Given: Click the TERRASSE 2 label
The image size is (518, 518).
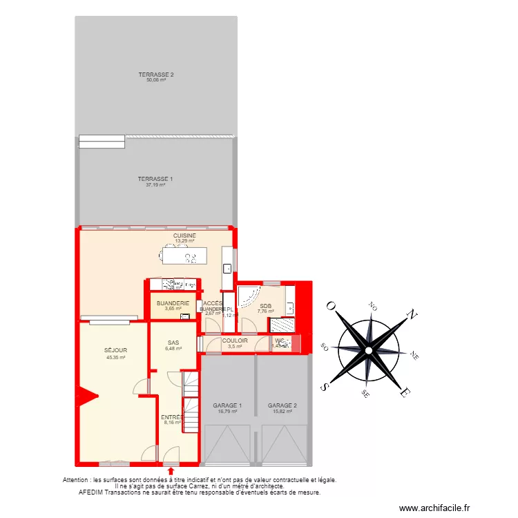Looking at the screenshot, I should [156, 74].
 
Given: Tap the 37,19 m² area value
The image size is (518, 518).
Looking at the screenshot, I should [156, 184].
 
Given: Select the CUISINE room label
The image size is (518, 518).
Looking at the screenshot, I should [184, 236].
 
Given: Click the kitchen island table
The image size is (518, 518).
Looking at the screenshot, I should [183, 257].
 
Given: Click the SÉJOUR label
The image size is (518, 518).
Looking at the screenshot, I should [116, 350].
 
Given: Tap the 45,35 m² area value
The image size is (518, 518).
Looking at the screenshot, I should [116, 357].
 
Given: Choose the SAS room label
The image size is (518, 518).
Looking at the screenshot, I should [173, 343].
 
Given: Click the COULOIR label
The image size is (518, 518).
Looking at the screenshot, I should [235, 340].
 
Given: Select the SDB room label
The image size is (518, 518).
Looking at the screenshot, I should [266, 305].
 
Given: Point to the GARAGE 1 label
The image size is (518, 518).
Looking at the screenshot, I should [227, 405].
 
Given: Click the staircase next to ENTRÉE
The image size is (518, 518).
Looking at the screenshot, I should [190, 401].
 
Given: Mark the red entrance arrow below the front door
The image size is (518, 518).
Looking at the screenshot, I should [171, 472].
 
